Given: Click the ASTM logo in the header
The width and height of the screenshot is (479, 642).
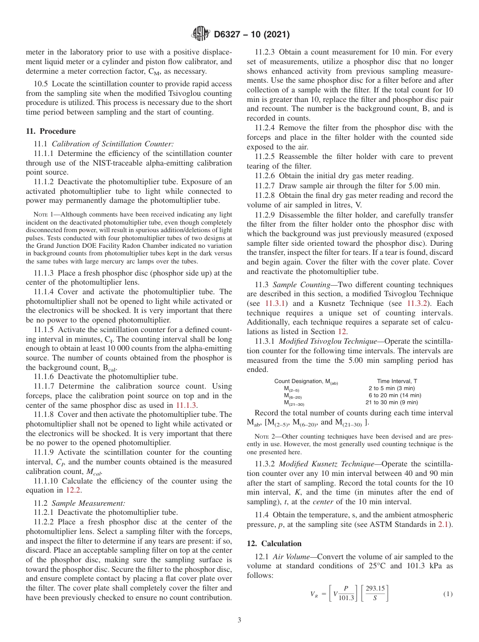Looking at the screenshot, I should coord(201,34).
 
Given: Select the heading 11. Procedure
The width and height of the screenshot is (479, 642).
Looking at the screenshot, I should coord(50,131).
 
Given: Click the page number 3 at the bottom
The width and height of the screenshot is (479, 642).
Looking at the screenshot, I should coord(239,620).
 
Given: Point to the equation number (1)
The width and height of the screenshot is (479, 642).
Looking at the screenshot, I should coord(448,595).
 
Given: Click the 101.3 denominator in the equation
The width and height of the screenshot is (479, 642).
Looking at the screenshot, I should coord(346,599).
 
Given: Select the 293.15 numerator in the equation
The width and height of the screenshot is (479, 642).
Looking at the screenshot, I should coord(375,589).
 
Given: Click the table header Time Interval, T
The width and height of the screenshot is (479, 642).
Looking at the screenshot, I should coord(397,381).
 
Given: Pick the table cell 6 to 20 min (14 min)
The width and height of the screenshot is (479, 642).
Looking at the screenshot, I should coord(395,395).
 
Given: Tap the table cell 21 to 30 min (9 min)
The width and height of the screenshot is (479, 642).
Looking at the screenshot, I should coord(392,402).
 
